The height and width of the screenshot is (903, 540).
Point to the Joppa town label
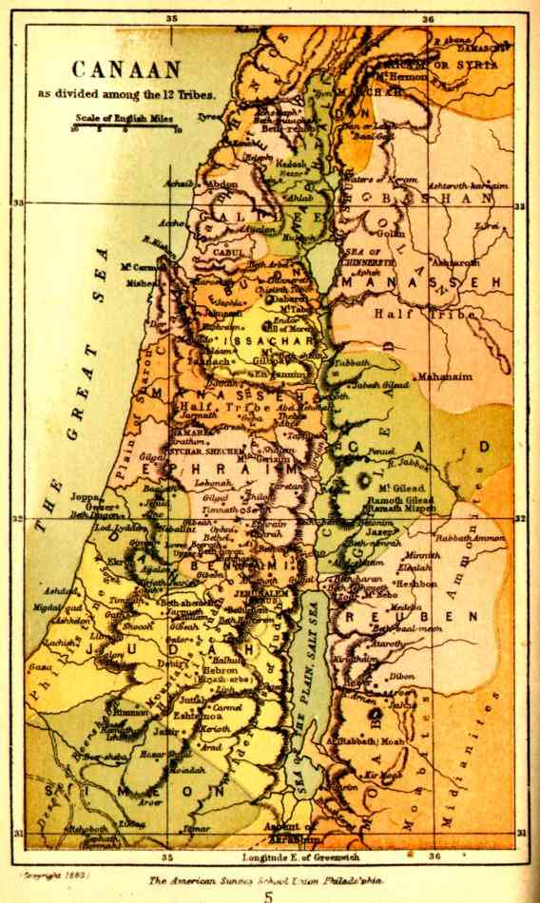(83, 495)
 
